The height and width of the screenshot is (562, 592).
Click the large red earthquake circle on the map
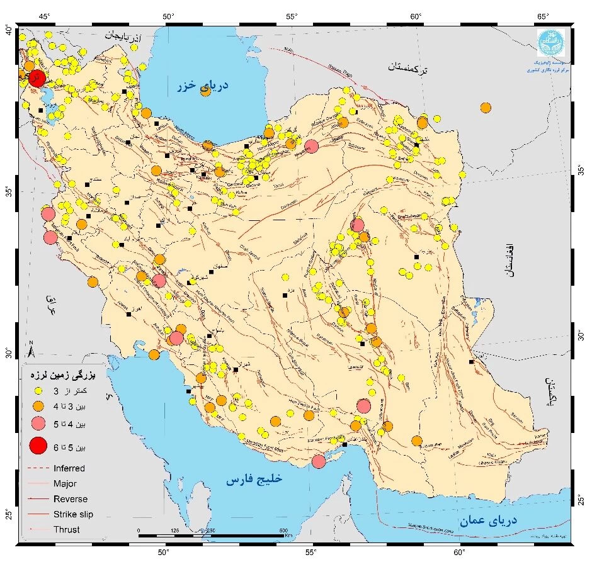point(37,79)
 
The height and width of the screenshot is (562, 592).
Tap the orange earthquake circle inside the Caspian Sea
point(205,92)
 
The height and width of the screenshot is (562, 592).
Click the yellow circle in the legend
point(38,390)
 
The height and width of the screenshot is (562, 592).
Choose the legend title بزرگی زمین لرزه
point(62,375)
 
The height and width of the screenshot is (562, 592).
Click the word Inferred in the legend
point(69,468)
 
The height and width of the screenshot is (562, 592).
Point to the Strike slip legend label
point(73,514)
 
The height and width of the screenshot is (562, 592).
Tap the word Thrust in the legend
point(67,529)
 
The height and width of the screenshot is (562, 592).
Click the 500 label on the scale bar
point(283,530)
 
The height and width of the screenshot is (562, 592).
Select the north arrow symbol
point(31,347)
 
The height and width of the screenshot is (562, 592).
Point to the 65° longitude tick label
point(543,16)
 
